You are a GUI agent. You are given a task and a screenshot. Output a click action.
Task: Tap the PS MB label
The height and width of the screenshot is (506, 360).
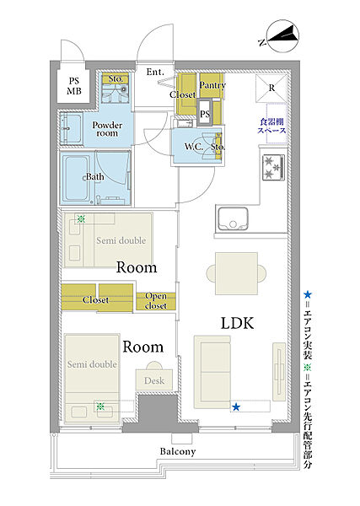(x=74, y=86)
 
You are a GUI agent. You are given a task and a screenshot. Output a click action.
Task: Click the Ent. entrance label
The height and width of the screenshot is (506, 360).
(x=155, y=72)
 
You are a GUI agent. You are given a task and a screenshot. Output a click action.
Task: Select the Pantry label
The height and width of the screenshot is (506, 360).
(x=212, y=85)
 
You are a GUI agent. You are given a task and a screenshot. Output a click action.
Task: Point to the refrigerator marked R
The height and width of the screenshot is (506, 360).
(x=271, y=88)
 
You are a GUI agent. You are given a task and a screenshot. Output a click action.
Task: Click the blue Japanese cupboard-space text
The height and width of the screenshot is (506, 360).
(x=271, y=126)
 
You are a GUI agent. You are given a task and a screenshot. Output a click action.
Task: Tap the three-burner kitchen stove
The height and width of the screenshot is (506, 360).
(x=273, y=167)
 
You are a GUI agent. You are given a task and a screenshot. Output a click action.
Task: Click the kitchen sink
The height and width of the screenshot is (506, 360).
(x=233, y=218)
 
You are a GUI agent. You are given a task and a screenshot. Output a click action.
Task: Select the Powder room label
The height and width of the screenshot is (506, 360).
(x=107, y=129)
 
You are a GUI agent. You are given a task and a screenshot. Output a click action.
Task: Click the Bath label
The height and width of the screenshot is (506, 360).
(x=94, y=177)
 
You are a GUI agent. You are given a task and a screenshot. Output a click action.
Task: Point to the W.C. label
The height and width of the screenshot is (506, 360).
(x=194, y=147)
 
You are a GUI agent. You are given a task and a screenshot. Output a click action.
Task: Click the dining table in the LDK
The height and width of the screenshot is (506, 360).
(x=236, y=273)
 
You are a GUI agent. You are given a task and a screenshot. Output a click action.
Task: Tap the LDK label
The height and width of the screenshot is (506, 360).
(x=238, y=323)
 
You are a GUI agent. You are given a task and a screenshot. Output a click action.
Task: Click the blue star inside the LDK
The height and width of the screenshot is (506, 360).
(x=236, y=407)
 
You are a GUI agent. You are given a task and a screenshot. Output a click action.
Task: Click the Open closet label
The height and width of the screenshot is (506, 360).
(x=156, y=301)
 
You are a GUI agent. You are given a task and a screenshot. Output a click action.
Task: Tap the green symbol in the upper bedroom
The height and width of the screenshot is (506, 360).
(x=81, y=219)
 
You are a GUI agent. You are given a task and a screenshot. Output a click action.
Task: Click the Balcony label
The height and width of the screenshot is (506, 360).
(x=178, y=451)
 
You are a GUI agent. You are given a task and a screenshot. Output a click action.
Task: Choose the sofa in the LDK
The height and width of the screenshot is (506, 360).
(x=212, y=372)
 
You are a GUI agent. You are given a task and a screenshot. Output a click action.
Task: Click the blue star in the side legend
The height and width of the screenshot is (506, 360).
(x=308, y=294)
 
